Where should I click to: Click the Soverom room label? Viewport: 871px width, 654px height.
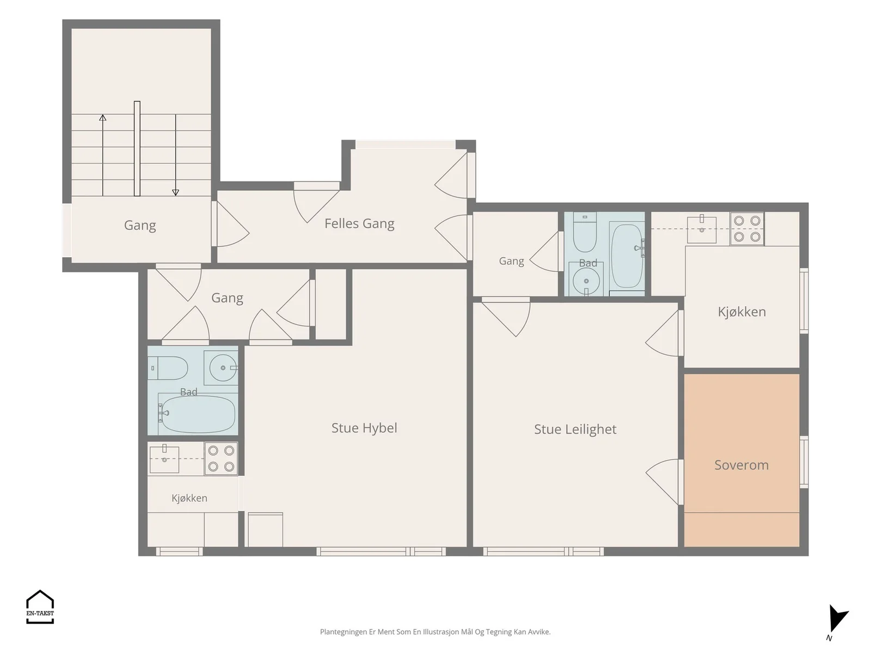(741, 465)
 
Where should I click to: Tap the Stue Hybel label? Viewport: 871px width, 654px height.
(364, 428)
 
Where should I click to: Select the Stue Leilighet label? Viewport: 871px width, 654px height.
(575, 429)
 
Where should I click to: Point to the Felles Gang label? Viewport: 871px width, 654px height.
(359, 223)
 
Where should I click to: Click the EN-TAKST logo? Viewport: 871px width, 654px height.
(40, 607)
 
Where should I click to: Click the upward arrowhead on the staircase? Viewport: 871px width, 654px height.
(103, 118)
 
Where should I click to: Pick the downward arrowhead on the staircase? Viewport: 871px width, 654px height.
(175, 192)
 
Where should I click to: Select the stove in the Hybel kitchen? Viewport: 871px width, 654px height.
(221, 459)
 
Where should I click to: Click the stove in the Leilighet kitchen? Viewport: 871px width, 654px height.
(747, 228)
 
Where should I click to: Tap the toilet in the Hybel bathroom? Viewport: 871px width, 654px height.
(168, 368)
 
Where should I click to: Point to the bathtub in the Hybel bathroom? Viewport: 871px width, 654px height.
(197, 413)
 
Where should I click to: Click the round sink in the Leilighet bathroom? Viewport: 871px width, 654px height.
(586, 281)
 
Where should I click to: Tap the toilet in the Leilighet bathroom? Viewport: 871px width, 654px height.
(585, 233)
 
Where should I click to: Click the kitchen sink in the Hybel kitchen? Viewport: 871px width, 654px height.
(164, 459)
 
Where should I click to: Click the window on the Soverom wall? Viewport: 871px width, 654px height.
(804, 462)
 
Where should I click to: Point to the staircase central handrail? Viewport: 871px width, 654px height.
(137, 148)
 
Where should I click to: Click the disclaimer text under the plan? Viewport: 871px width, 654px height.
(436, 632)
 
